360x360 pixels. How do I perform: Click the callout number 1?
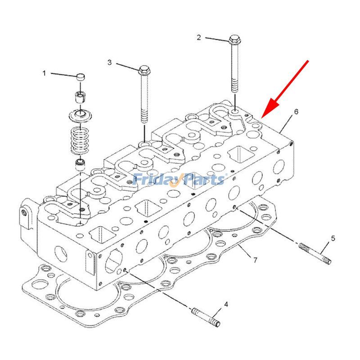click(44, 73)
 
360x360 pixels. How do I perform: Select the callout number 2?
click(199, 37)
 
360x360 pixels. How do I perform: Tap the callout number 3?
click(109, 63)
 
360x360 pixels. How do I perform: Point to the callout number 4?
click(226, 305)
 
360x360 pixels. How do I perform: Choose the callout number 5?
click(333, 238)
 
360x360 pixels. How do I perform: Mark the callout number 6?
click(296, 111)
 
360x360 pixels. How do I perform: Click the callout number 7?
click(255, 260)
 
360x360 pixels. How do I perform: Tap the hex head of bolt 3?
click(144, 70)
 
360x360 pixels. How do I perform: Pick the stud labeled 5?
click(315, 254)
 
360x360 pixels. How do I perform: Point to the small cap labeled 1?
click(81, 77)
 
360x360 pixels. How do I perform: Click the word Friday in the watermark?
click(155, 180)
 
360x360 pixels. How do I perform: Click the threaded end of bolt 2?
click(235, 85)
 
